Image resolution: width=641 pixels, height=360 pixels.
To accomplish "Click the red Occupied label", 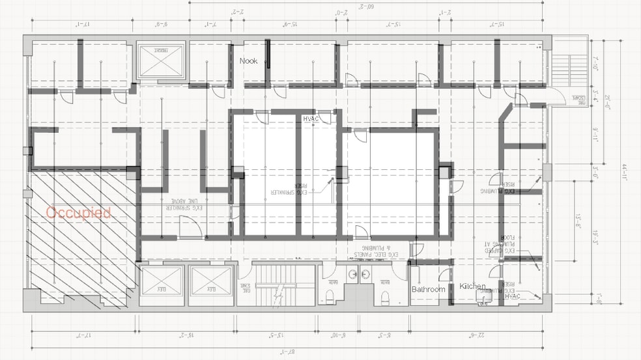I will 78,212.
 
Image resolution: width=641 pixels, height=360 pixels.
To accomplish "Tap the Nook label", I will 249,61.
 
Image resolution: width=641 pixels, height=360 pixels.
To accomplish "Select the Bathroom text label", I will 428,289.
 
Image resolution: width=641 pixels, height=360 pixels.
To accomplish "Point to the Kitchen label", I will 472,286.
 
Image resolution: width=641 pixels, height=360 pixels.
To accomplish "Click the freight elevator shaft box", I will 160,62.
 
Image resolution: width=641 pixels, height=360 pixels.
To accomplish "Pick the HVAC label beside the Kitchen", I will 512,296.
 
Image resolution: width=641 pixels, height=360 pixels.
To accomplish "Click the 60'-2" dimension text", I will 366,7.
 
